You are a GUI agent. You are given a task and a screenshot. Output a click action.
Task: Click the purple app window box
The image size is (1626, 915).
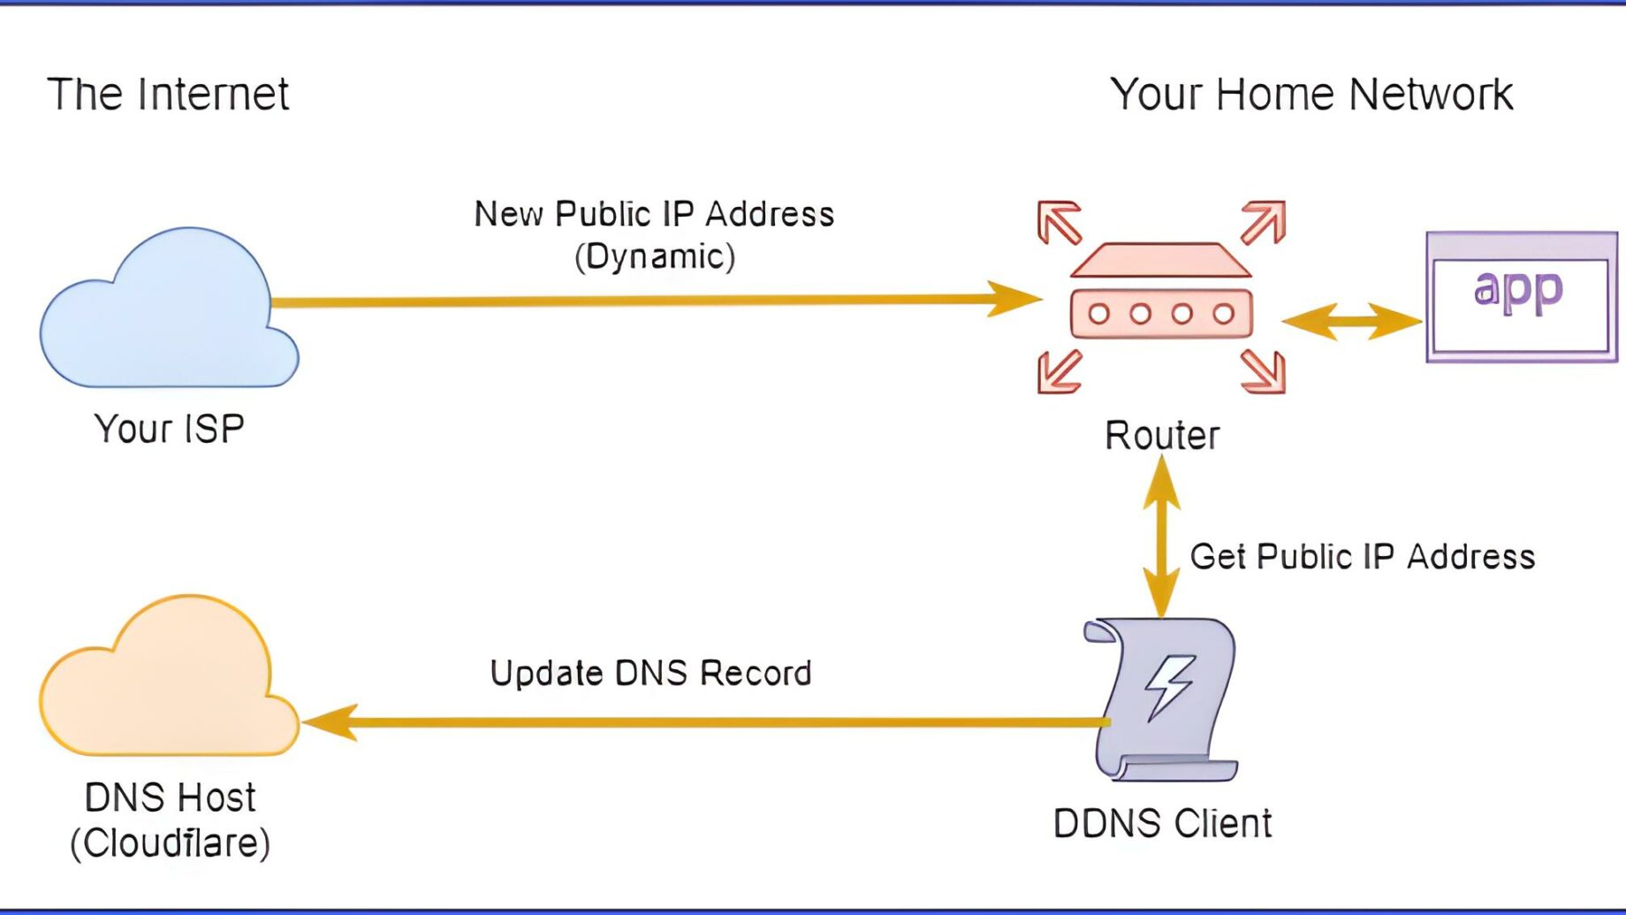click(1521, 298)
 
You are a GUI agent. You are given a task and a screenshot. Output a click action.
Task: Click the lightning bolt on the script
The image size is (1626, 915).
click(1170, 687)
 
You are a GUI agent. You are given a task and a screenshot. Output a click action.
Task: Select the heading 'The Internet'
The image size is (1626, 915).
click(168, 94)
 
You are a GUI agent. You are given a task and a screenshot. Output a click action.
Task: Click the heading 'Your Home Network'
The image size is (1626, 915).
click(1311, 94)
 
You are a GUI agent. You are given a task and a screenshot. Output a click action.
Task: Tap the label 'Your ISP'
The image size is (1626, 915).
click(169, 429)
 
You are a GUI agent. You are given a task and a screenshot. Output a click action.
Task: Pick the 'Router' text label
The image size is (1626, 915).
click(1162, 435)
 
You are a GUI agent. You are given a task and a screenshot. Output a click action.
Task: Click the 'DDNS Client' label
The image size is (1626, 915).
click(1162, 824)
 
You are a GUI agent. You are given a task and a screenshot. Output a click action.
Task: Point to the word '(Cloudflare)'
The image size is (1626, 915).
click(171, 843)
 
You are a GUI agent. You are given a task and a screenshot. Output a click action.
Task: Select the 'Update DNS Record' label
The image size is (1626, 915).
click(650, 674)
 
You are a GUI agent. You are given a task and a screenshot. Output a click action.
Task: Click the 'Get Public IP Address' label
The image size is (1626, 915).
click(1362, 557)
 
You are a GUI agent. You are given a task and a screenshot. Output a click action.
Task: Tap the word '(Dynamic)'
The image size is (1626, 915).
click(655, 256)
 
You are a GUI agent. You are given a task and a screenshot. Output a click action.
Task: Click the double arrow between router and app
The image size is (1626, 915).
click(1351, 321)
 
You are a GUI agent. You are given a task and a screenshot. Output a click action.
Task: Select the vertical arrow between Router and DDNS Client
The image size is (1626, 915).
click(1162, 537)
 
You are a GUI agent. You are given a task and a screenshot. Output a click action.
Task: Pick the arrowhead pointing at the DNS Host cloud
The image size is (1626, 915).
click(330, 722)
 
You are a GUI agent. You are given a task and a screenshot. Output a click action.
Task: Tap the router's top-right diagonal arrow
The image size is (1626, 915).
click(1263, 222)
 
